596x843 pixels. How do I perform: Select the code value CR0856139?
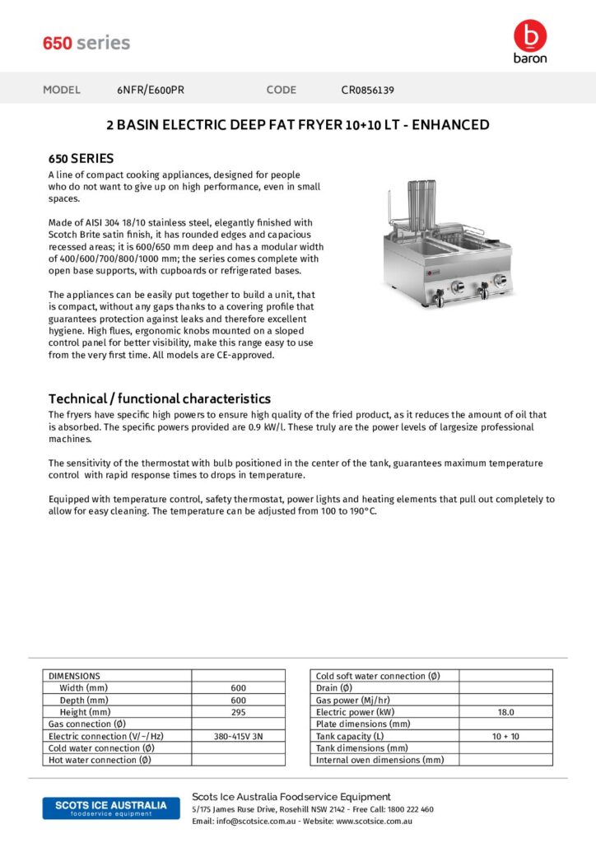[x=367, y=90]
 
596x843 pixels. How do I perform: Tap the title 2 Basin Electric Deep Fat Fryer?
[x=298, y=125]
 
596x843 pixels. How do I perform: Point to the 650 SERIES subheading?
[x=81, y=158]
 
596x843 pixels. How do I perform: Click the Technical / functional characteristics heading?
[x=160, y=398]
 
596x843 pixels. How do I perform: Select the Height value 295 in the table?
[x=239, y=712]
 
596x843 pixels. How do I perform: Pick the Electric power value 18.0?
[x=505, y=712]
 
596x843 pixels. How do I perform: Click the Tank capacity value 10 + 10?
[x=505, y=736]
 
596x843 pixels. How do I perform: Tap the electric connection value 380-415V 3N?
[x=239, y=736]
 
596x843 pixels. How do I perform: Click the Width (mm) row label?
[x=83, y=688]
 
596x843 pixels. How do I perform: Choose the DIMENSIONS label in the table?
[x=74, y=676]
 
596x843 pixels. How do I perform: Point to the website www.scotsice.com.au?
[x=374, y=821]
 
